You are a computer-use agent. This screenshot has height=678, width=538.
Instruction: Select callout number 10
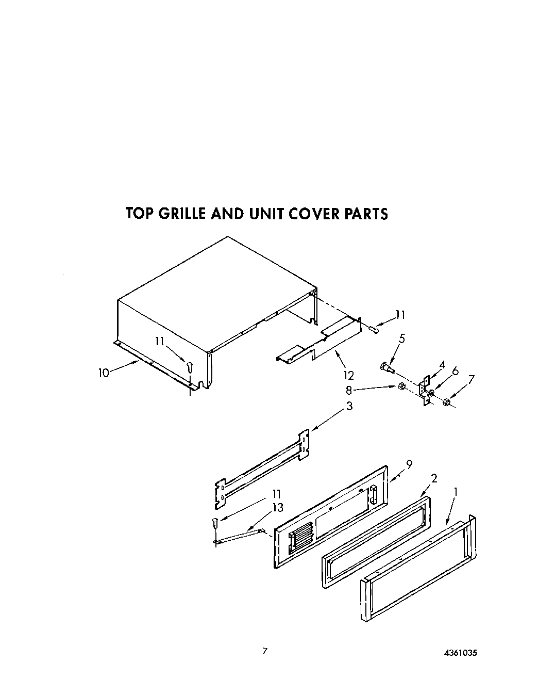coord(104,373)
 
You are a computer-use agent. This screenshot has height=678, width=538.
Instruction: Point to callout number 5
coord(402,338)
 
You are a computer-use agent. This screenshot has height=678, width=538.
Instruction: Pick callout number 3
coord(349,406)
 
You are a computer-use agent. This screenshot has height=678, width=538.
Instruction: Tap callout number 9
coord(409,464)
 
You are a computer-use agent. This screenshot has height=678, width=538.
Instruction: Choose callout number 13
coord(278,508)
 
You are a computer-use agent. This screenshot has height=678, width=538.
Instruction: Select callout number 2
coord(434,478)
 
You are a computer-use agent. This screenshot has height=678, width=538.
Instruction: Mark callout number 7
coord(471,379)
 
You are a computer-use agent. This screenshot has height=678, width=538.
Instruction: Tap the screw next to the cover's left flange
coord(190,368)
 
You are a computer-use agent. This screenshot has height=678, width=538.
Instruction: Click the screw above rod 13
coord(215,523)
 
